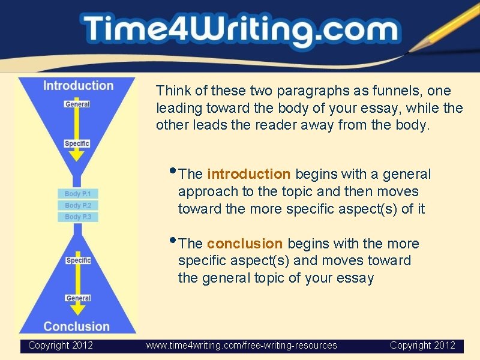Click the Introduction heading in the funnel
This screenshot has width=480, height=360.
pos(78,86)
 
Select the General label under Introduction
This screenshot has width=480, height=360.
pos(77,104)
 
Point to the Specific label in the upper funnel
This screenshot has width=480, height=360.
pos(77,143)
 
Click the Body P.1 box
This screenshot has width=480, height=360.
pos(78,194)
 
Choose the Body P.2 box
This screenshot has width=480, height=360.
pos(78,205)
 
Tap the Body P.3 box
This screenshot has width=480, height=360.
pos(78,217)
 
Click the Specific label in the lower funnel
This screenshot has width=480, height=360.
pos(78,260)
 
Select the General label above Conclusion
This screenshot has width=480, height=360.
pos(78,298)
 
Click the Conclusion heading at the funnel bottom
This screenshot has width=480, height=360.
pos(77,326)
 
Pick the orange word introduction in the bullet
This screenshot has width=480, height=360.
pos(248,175)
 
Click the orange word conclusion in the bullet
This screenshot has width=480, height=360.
pos(245,244)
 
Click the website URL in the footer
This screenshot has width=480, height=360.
pos(242,346)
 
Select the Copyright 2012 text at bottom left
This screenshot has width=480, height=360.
pos(61,346)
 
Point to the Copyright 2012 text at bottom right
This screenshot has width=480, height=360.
pos(422,346)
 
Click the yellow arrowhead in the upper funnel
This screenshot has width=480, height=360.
pos(77,155)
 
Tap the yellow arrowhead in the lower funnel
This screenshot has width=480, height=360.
pos(77,310)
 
